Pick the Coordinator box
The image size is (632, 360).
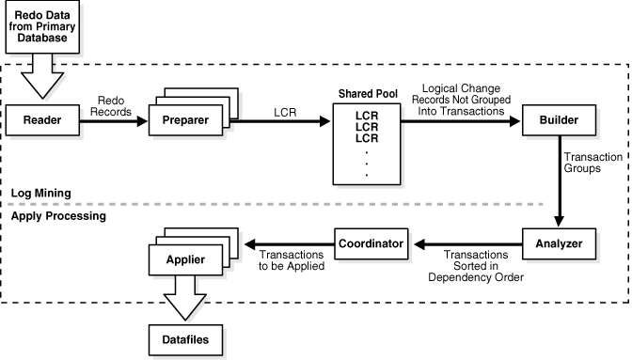coord(371,244)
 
